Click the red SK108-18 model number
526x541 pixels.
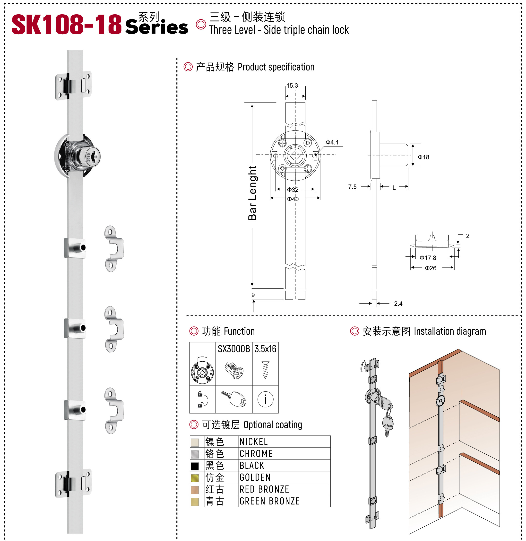[x=66, y=25]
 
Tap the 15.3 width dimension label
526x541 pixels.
[x=292, y=85]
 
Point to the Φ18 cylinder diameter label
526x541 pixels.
[x=423, y=157]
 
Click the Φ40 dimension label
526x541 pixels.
[x=293, y=199]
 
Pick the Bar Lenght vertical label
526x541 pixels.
[x=252, y=193]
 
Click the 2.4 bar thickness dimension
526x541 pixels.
[x=398, y=303]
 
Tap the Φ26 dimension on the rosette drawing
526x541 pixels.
[x=431, y=268]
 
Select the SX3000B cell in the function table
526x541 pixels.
[x=234, y=349]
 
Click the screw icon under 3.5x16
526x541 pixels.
[x=266, y=370]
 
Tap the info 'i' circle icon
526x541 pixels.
[x=266, y=399]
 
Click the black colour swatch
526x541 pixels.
[x=195, y=466]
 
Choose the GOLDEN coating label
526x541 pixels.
[x=255, y=477]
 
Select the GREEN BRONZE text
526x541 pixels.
[x=270, y=501]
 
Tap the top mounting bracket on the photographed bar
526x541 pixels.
[x=73, y=86]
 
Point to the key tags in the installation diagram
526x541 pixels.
[x=386, y=412]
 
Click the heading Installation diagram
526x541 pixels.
[x=449, y=331]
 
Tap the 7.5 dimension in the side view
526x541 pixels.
[x=352, y=187]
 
